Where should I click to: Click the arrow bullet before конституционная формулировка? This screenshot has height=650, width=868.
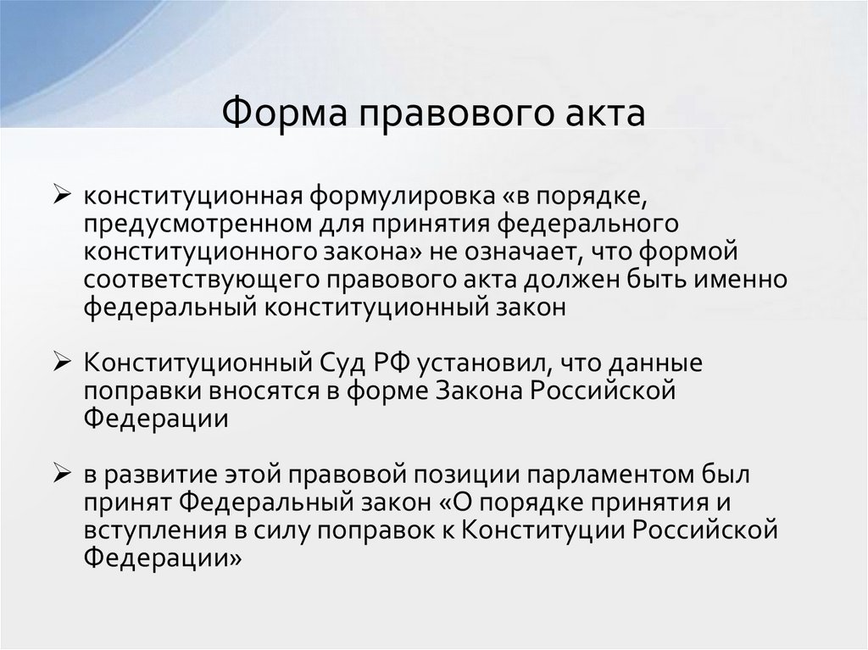click(64, 196)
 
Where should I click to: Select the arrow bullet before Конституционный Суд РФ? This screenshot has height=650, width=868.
click(64, 364)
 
